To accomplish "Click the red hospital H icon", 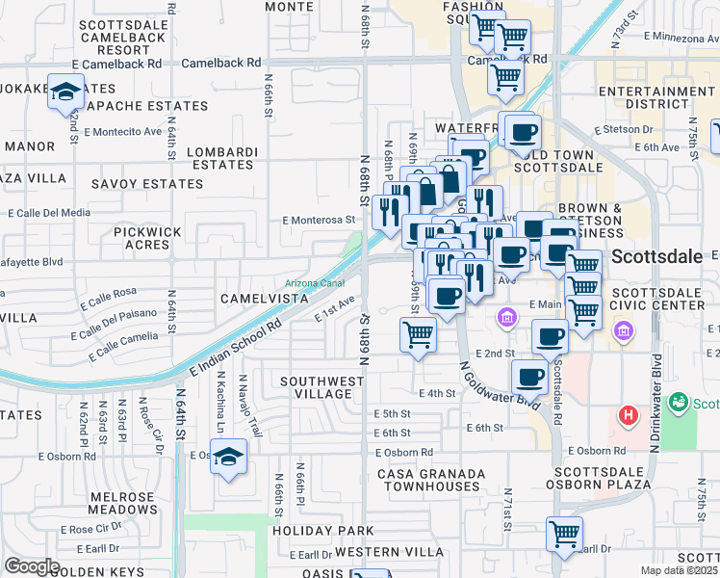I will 628,416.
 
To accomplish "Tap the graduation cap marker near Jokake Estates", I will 66,92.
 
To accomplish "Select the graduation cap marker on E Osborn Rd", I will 229,457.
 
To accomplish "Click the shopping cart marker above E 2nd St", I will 419,335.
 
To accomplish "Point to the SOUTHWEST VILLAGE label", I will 322,387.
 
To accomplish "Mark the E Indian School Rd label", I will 235,350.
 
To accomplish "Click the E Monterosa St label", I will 319,220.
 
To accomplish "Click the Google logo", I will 31,566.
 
